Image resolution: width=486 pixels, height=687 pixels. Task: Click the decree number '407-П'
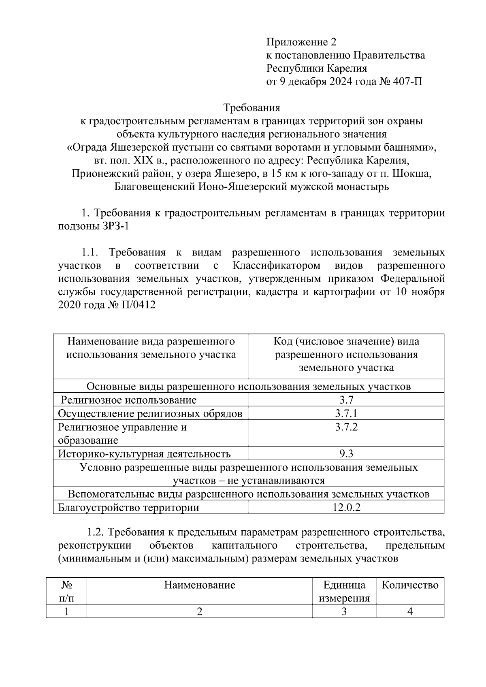(x=407, y=81)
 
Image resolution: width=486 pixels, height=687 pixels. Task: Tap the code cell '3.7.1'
(x=346, y=413)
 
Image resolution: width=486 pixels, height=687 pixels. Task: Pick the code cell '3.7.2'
(x=346, y=427)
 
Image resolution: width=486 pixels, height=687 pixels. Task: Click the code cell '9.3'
(x=346, y=453)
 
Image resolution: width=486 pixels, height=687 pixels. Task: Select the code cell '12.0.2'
(x=346, y=507)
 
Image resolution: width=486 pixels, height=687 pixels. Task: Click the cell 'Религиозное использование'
(x=129, y=400)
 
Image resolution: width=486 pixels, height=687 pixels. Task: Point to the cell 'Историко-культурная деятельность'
(x=144, y=453)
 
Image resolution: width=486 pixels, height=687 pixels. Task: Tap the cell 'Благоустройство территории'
(x=129, y=507)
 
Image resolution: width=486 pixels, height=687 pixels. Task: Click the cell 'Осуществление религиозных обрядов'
(x=150, y=413)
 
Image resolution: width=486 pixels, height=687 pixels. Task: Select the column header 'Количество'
(x=410, y=585)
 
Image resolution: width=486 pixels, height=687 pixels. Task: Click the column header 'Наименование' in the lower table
(x=199, y=585)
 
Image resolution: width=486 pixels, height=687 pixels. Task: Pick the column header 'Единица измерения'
(x=344, y=591)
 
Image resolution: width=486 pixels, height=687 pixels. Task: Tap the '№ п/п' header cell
(x=66, y=591)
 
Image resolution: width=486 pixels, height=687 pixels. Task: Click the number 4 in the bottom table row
(x=410, y=611)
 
